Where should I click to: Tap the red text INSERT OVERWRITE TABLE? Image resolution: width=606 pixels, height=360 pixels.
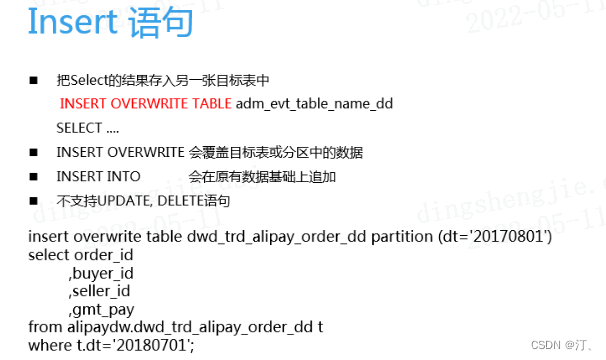(x=146, y=103)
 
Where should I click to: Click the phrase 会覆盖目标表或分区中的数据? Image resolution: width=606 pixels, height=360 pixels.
(x=275, y=153)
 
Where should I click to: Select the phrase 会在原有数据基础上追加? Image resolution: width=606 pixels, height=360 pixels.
(x=262, y=177)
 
